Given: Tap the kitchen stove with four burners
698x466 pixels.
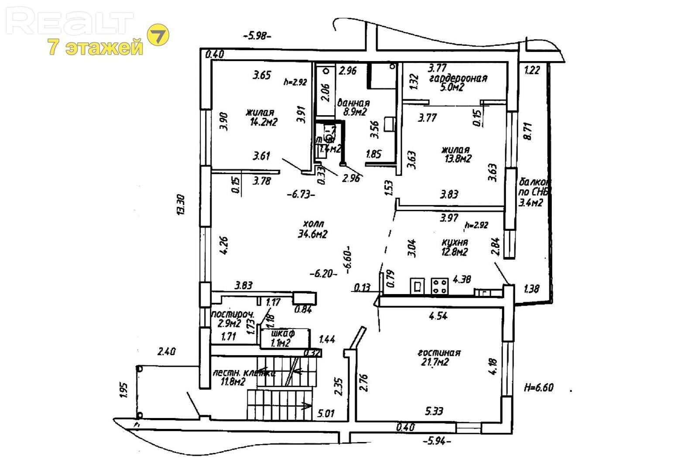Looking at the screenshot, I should click(440, 286).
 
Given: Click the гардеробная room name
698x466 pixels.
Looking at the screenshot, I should click(458, 79).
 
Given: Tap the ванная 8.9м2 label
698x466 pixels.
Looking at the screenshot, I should click(353, 107).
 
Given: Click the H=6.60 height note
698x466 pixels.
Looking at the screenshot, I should click(539, 387).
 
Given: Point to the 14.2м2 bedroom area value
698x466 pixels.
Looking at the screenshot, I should click(264, 122).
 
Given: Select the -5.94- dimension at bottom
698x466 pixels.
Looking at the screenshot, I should click(437, 441).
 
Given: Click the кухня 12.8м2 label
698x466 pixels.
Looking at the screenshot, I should click(455, 247).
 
